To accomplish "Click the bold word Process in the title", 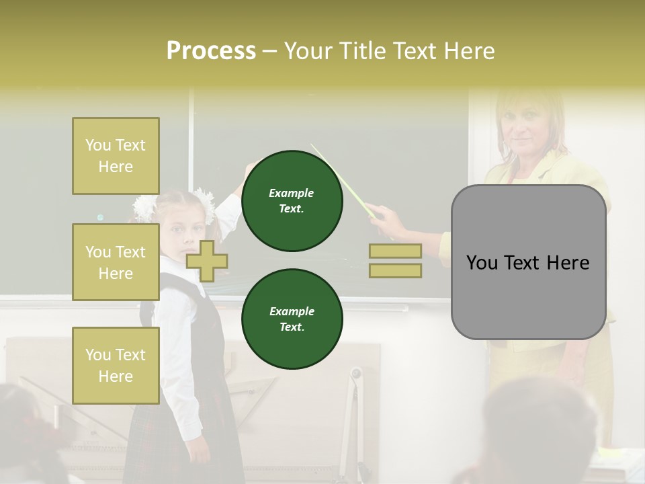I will coord(211,50).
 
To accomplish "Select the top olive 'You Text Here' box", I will coord(116,156).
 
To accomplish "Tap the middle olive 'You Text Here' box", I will coord(116,262).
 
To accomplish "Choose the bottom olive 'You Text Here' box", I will coord(116,365).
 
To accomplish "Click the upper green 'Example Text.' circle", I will coord(292,200).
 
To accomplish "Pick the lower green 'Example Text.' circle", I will coord(292,319).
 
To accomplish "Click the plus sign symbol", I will coord(207,261).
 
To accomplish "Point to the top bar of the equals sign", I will coord(395,251).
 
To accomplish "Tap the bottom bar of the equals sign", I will coord(395,271).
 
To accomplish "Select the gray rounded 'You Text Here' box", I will coord(528,262).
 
